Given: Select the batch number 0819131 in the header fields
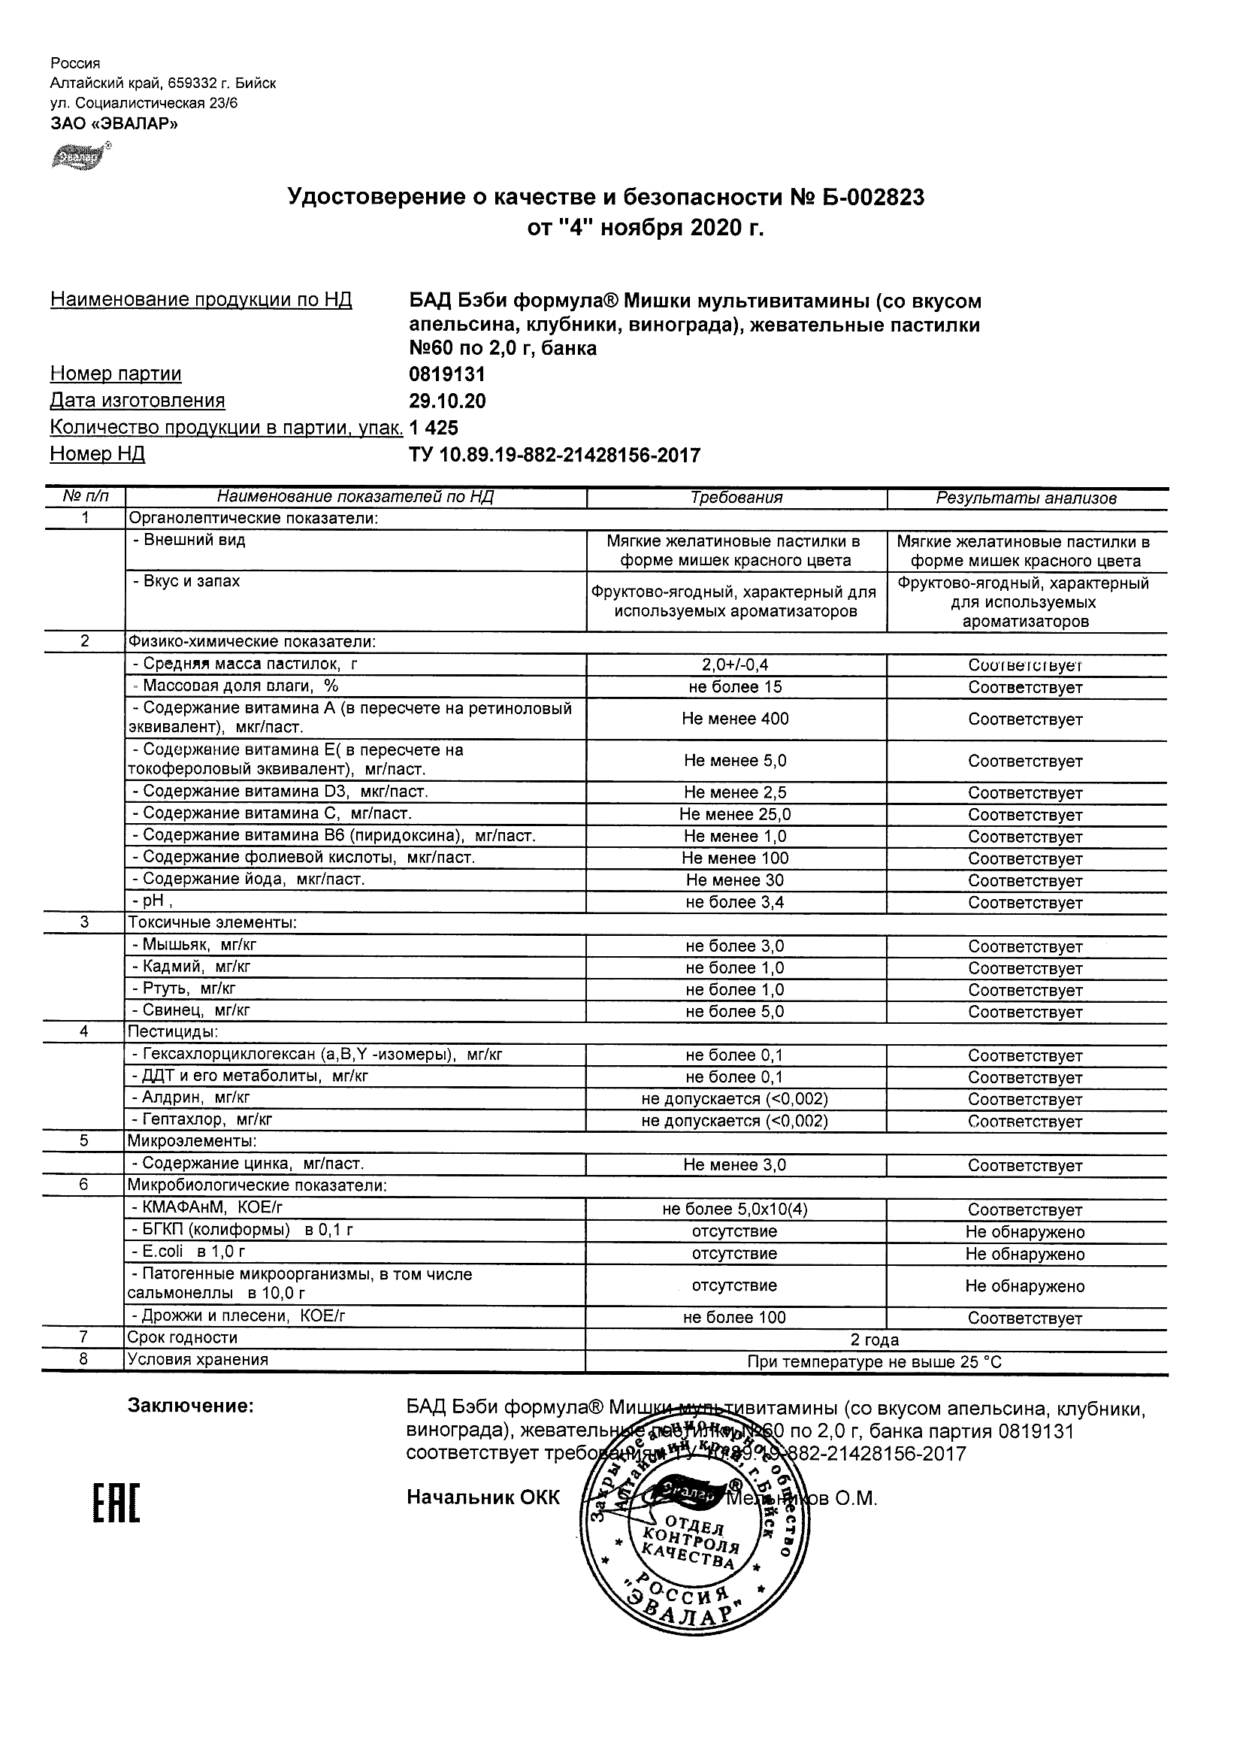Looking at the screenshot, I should point(447,374).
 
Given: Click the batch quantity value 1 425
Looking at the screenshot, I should point(434,428).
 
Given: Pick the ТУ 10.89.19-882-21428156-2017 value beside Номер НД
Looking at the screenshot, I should point(555,456).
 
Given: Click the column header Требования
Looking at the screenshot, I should point(736,498).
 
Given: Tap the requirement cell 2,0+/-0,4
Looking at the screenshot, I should point(735,665).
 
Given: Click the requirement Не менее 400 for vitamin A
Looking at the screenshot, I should point(735,719).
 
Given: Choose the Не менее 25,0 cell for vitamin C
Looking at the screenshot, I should point(735,814).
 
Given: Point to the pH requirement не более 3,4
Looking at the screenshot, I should point(735,903).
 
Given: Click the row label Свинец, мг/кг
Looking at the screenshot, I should point(191,1010).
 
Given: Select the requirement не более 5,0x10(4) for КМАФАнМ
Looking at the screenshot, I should point(735,1210).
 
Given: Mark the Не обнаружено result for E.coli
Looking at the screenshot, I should point(1025,1254).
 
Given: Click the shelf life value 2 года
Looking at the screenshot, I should point(875,1340).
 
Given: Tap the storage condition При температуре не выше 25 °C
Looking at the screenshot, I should point(875,1362).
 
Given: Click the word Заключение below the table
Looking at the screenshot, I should point(191,1406).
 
